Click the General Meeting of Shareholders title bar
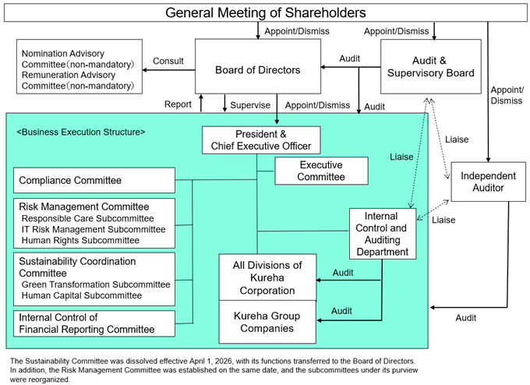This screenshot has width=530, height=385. coord(265,12)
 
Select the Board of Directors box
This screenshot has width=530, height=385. coord(257,70)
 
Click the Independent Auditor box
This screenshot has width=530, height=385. coord(488,182)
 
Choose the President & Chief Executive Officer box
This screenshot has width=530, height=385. coord(261,140)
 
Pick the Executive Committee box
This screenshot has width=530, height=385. coord(320,171)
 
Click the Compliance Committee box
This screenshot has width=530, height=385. coord(94,180)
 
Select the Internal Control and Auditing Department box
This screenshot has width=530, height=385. coord(382,233)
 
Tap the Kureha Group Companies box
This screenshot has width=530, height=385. coord(267,322)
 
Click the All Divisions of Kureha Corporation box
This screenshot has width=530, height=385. coord(267,277)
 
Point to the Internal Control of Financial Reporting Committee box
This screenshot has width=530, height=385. coord(94,323)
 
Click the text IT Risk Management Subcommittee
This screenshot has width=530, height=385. coord(94,229)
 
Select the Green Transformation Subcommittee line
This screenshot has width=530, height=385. coord(95,284)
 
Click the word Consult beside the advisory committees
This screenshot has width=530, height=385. coord(168,61)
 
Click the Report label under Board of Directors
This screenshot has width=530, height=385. coord(178,104)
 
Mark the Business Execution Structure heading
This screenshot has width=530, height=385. coord(81,132)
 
